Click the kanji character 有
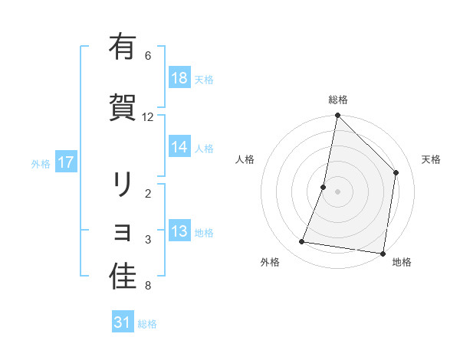click(x=123, y=47)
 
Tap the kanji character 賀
click(x=123, y=106)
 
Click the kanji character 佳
click(x=123, y=277)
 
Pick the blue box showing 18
click(x=179, y=78)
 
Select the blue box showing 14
click(x=179, y=147)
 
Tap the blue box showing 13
click(x=179, y=231)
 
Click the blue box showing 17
click(x=66, y=162)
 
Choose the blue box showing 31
click(x=123, y=322)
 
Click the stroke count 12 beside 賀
click(x=148, y=117)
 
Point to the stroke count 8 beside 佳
click(x=148, y=286)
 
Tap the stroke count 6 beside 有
click(x=148, y=56)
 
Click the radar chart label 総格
click(x=338, y=100)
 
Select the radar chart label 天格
click(x=432, y=159)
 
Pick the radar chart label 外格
click(x=270, y=263)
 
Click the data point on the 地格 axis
click(x=383, y=253)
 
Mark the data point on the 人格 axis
click(x=324, y=187)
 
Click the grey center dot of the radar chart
click(x=338, y=191)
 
